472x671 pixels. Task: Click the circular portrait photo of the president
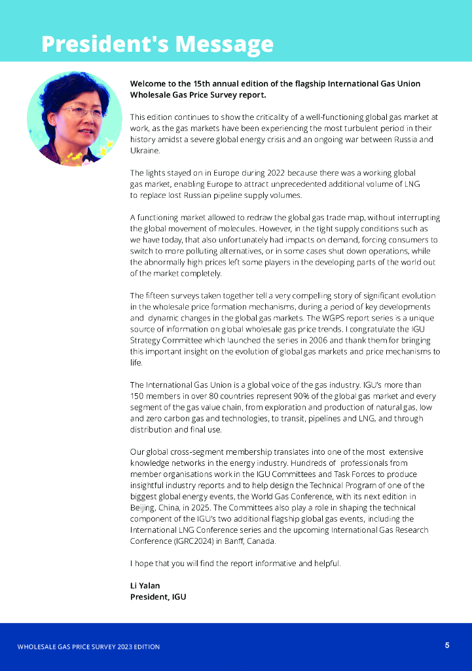pyautogui.click(x=73, y=118)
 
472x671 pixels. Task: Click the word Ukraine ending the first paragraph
pyautogui.click(x=145, y=151)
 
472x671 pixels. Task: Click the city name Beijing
pyautogui.click(x=143, y=507)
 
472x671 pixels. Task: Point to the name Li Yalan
pyautogui.click(x=145, y=585)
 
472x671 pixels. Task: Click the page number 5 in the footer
pyautogui.click(x=447, y=645)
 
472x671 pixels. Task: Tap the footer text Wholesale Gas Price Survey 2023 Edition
pyautogui.click(x=88, y=647)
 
